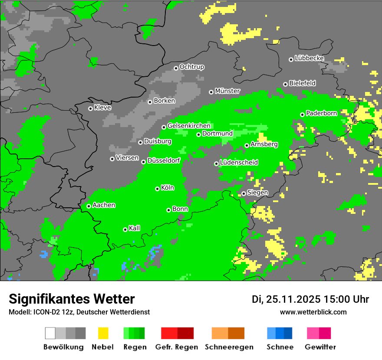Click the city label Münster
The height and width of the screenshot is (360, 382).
[227, 91]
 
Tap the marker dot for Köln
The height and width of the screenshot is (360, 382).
[157, 189]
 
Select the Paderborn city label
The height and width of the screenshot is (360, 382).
[322, 114]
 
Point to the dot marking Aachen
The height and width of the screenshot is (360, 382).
[89, 206]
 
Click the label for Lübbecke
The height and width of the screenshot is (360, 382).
[310, 58]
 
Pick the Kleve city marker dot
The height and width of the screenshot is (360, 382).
[90, 108]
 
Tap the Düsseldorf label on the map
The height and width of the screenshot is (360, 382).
[164, 160]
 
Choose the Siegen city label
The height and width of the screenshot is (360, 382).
[257, 193]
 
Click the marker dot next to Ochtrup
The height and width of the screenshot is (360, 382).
[176, 68]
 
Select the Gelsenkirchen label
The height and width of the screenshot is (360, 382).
[189, 126]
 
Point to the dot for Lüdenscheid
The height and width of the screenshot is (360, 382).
[216, 164]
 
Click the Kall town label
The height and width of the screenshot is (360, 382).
[135, 228]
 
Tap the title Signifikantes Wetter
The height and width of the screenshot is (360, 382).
[72, 299]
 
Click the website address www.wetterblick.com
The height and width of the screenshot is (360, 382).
[313, 312]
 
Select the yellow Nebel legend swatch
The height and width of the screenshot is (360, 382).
[103, 333]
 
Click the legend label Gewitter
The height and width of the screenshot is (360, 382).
[320, 347]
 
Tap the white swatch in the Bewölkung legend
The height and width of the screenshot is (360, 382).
[50, 333]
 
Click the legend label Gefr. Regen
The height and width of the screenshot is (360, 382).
[177, 347]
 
